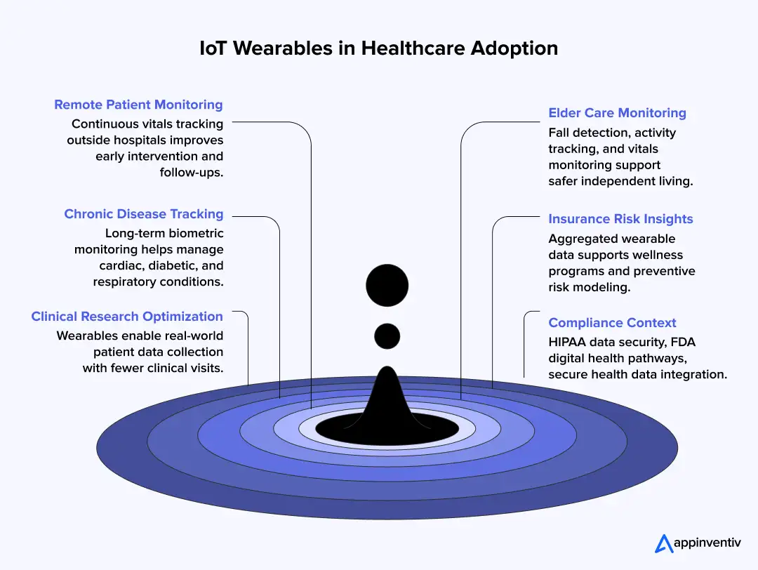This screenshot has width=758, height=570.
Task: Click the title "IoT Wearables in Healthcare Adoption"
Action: [378, 48]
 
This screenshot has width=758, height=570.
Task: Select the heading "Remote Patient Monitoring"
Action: [138, 105]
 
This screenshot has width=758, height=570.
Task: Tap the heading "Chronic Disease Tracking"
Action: [143, 214]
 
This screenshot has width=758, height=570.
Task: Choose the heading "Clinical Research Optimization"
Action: [127, 317]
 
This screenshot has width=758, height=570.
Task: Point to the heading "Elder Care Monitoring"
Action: [617, 113]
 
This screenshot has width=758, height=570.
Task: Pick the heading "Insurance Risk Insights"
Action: [620, 219]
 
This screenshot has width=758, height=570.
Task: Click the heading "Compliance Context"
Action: [612, 323]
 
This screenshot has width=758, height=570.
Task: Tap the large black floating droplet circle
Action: [387, 286]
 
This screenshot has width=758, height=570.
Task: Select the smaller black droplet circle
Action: [387, 336]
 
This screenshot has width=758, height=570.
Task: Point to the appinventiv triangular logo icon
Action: [664, 543]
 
